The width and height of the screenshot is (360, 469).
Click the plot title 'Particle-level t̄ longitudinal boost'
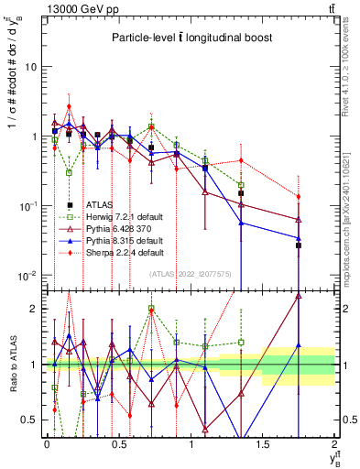[x=188, y=38]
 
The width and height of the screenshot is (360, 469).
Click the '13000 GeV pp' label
[x=73, y=7]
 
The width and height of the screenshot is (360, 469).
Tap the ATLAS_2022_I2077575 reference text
[x=191, y=273]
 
